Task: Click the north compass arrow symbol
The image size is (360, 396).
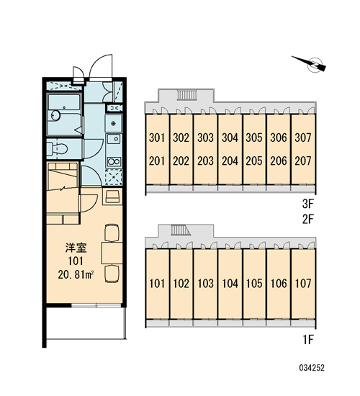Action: point(309,63)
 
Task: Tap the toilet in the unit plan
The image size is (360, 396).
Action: point(58,148)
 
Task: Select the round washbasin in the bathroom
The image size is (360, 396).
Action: point(55,116)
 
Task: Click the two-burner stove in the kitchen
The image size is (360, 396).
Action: point(114,161)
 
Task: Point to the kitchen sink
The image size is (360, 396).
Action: point(114,139)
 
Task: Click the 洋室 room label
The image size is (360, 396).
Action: point(76,248)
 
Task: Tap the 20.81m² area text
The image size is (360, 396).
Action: point(76,274)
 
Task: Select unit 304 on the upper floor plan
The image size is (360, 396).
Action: point(230,138)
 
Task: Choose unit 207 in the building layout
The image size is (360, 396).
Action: point(303,161)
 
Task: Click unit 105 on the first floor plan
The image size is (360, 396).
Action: point(254,284)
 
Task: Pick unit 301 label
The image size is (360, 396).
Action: point(157,138)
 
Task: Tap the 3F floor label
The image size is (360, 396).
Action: point(307,204)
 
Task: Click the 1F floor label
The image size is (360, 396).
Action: point(308,340)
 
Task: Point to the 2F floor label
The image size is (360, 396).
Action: point(307,219)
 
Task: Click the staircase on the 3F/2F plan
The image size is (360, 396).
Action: point(187,95)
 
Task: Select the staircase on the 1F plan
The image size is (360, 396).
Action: point(181,230)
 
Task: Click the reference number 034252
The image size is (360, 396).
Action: point(312,368)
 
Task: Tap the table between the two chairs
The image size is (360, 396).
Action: point(112,253)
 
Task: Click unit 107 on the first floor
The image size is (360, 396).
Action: point(303,284)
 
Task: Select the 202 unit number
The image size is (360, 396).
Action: point(181,161)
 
